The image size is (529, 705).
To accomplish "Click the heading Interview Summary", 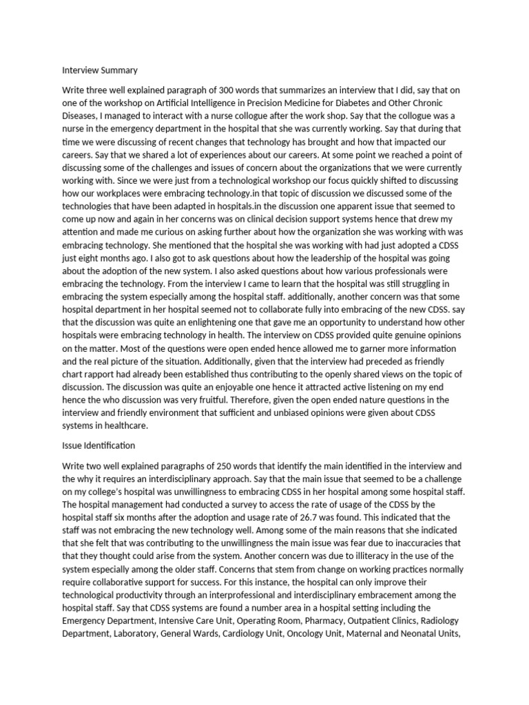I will pos(100,70).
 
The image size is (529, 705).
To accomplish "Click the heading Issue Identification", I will pos(98,445).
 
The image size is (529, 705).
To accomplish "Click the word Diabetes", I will pos(366,103).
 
